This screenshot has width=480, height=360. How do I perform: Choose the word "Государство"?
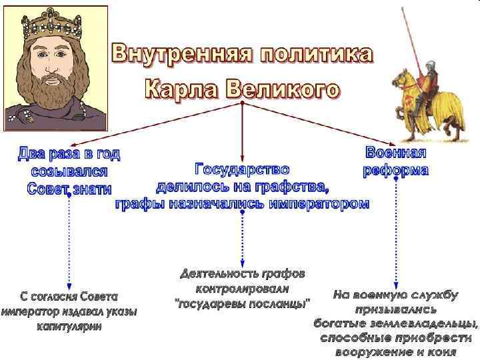(x=241, y=169)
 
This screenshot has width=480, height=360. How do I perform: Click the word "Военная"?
(x=396, y=153)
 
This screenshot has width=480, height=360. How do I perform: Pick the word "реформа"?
(x=396, y=169)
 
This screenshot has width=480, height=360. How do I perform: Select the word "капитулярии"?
(x=69, y=327)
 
